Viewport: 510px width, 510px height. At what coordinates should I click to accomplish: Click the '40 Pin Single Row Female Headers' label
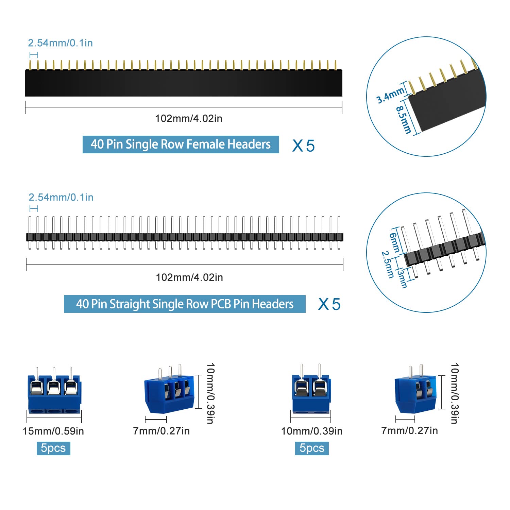[181, 144]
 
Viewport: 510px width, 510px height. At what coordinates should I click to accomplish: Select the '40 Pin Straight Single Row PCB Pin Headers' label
[185, 304]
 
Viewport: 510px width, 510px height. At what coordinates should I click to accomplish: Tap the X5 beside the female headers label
[303, 146]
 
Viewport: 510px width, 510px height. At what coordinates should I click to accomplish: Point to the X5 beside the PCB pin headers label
[329, 304]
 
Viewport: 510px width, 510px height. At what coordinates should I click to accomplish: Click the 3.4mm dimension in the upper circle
[390, 95]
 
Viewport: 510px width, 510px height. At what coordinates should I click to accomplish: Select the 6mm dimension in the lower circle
[395, 242]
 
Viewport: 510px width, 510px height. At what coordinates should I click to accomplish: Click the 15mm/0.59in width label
[53, 431]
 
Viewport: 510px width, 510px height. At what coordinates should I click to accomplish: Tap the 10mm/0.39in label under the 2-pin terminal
[311, 431]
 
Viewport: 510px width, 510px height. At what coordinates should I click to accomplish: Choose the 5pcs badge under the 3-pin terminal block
[53, 448]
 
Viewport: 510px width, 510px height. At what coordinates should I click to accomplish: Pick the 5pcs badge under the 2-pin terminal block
[312, 448]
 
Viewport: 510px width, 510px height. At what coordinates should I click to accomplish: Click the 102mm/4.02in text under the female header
[189, 118]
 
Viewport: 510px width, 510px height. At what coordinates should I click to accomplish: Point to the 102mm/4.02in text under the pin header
[189, 277]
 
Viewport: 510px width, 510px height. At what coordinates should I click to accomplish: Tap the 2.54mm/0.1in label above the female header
[60, 43]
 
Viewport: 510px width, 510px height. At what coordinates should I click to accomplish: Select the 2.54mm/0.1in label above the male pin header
[61, 197]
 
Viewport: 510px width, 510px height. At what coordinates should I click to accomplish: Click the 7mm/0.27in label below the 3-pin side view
[161, 431]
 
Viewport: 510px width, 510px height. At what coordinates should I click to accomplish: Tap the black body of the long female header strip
[184, 83]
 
